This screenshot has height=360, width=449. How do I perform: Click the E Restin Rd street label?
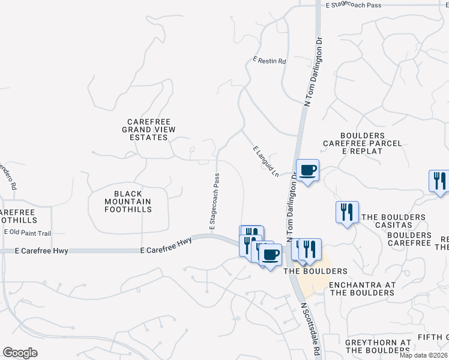pos(270,61)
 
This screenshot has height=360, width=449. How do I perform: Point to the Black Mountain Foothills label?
pos(127,202)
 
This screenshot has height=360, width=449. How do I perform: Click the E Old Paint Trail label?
pos(28,232)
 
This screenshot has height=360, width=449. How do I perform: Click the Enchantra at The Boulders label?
pos(362,289)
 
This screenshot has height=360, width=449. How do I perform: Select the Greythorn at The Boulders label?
pos(378,346)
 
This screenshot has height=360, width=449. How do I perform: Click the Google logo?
pos(20,353)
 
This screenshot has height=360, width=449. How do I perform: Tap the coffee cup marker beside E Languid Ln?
pos(307,171)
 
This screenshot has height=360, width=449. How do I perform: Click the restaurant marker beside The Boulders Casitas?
pos(347,212)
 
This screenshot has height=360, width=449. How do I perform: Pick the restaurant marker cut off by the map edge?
pos(440,181)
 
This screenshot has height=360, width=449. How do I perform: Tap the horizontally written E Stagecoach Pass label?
pos(354,5)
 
